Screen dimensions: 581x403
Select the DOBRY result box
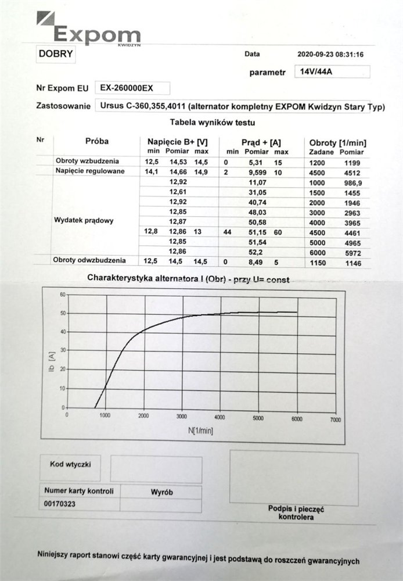(x=55, y=54)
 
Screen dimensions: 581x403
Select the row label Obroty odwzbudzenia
(x=91, y=260)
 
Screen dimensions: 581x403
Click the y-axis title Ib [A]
(x=51, y=354)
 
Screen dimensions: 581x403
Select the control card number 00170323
(x=60, y=503)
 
